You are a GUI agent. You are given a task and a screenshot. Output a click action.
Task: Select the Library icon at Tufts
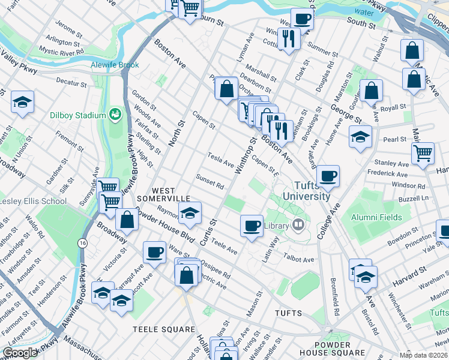tap(298, 226)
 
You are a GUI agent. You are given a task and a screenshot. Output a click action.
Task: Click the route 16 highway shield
tap(82, 242)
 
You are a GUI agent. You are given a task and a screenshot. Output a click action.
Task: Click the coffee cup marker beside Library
tap(252, 225)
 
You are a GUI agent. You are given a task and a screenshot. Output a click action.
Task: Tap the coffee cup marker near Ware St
tap(154, 252)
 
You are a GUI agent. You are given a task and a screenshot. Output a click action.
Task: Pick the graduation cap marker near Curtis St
tap(190, 214)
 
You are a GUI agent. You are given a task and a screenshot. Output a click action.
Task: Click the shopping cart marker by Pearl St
tap(423, 153)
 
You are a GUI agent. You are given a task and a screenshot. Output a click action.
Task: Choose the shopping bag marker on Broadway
tap(127, 219)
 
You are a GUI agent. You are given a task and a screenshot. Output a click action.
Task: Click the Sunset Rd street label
tap(209, 181)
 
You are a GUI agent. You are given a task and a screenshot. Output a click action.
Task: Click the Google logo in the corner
tap(20, 353)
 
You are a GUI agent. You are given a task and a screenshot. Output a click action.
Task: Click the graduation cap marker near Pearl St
tap(360, 137)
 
